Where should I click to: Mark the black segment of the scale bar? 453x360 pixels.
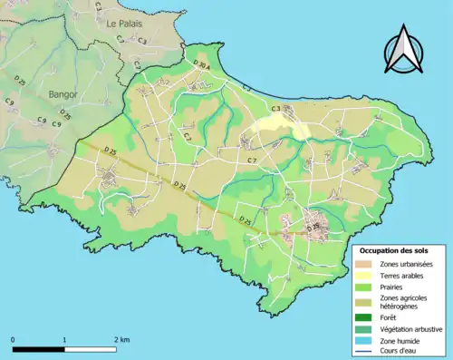(x=39, y=348)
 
